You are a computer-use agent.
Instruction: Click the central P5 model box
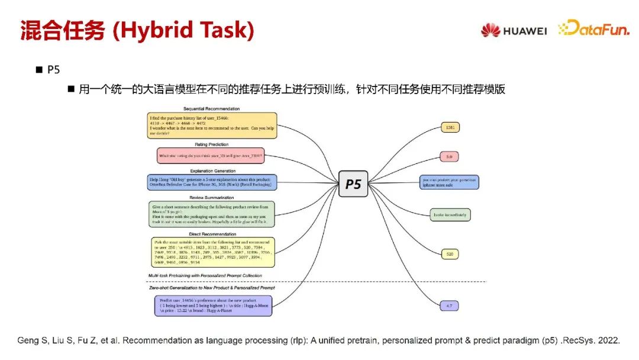(x=353, y=184)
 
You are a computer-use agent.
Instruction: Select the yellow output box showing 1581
(x=450, y=127)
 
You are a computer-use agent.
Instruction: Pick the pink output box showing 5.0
(x=450, y=156)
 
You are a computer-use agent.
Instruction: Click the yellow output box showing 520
(x=450, y=254)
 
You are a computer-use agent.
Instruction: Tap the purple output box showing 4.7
(x=450, y=306)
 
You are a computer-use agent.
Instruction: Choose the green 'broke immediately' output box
(x=450, y=215)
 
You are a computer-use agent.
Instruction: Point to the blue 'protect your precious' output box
(x=448, y=182)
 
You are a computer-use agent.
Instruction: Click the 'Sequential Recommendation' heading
(x=211, y=109)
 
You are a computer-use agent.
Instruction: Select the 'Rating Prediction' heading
(x=211, y=144)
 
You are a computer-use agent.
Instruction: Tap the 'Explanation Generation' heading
(x=211, y=171)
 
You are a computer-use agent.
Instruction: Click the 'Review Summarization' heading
(x=211, y=197)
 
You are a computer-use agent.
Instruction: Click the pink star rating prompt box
(x=211, y=156)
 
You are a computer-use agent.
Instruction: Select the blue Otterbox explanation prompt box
(x=211, y=182)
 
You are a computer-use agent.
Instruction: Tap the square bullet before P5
(x=39, y=70)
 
